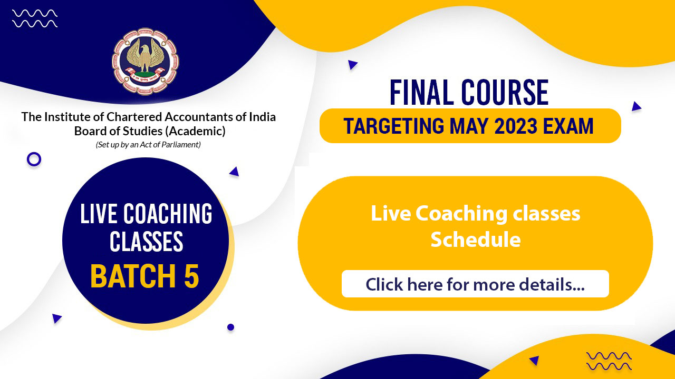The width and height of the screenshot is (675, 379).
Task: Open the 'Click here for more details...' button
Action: pyautogui.click(x=475, y=284)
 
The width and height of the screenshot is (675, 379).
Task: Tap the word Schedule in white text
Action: pyautogui.click(x=475, y=240)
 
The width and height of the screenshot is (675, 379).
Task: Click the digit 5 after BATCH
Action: pyautogui.click(x=191, y=276)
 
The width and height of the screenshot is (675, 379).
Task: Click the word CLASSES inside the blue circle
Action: pyautogui.click(x=146, y=242)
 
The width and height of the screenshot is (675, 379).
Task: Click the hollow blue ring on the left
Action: pyautogui.click(x=34, y=159)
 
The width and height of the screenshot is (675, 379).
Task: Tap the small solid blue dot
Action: pyautogui.click(x=230, y=327)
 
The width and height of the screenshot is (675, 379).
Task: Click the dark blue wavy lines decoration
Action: pyautogui.click(x=609, y=361)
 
